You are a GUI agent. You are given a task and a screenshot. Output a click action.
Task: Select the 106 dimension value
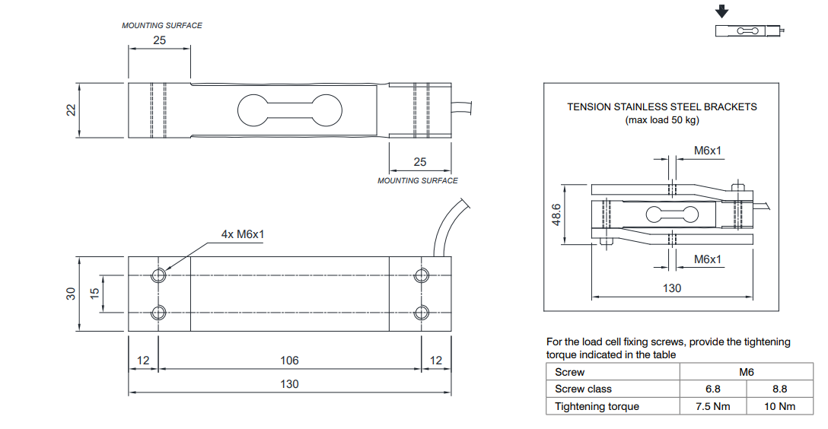(x=289, y=360)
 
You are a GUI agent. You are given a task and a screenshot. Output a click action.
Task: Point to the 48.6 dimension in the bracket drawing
(x=556, y=214)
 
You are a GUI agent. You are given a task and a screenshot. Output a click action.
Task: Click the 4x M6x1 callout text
(x=243, y=234)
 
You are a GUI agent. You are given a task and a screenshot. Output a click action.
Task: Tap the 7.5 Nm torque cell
(x=712, y=406)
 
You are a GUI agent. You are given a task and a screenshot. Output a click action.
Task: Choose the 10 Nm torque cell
(x=779, y=406)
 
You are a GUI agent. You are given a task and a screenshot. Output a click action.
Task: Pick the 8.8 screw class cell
(x=779, y=389)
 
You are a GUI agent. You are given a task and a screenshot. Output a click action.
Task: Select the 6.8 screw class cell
(x=712, y=389)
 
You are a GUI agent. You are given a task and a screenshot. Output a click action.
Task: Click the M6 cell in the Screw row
(x=746, y=372)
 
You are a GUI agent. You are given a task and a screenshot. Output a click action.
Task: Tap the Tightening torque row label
(x=597, y=406)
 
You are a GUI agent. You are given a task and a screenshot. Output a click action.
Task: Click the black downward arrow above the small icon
(x=722, y=12)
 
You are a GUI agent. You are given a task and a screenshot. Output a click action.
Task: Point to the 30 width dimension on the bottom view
(x=70, y=293)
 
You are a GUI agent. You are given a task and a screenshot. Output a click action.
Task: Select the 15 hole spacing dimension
(x=95, y=293)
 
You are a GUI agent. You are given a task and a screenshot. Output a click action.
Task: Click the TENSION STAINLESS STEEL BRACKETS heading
(x=662, y=107)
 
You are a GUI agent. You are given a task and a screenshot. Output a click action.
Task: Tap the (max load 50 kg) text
(x=662, y=119)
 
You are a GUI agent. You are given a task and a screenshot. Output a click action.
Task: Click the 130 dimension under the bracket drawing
(x=672, y=288)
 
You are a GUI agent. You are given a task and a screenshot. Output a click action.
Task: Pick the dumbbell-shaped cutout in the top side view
(x=289, y=110)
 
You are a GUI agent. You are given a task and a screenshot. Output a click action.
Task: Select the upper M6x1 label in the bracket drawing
(x=708, y=151)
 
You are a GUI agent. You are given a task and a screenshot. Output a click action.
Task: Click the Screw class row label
(x=583, y=389)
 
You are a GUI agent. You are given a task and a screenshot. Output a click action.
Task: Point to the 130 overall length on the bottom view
(x=289, y=384)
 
